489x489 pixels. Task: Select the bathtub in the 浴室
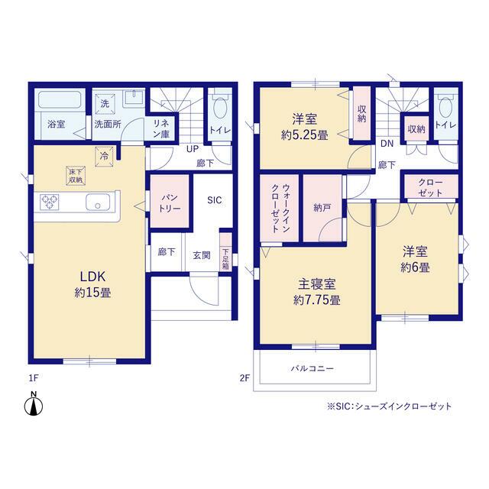[x=59, y=99]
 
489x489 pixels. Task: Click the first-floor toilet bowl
[x=220, y=107]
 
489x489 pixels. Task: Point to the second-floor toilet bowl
[x=445, y=107]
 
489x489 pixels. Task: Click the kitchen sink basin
[x=98, y=202]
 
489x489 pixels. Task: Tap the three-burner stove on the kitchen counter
[x=50, y=202]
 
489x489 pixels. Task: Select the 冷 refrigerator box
[x=104, y=157]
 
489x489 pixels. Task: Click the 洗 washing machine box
[x=105, y=103]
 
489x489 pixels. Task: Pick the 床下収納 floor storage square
[x=76, y=176]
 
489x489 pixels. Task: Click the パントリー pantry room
[x=170, y=201]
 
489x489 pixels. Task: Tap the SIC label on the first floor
[x=215, y=200]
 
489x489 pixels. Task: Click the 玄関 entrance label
[x=202, y=255]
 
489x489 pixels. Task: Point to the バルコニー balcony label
[x=313, y=368]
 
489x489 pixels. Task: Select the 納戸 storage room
[x=322, y=208]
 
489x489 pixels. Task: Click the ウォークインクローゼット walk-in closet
[x=280, y=208]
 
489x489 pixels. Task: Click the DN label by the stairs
[x=387, y=144]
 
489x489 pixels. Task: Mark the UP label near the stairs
[x=193, y=149]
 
